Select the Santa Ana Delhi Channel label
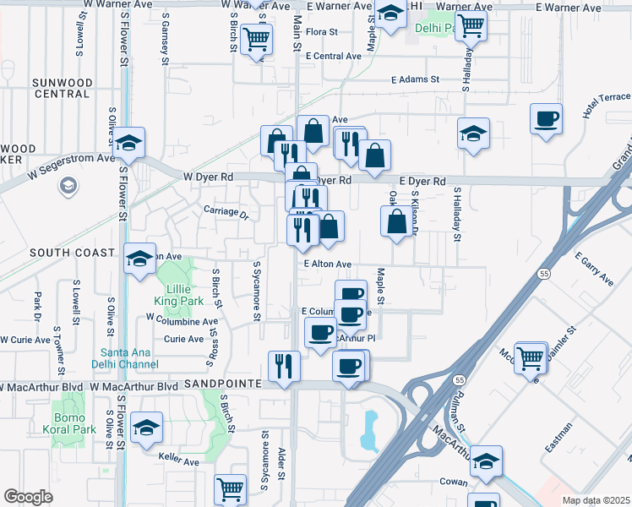[128, 358]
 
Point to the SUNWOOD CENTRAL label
[62, 88]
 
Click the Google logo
[28, 497]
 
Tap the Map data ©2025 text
[596, 499]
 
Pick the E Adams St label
[416, 79]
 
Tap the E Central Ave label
[334, 56]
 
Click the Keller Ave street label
[178, 461]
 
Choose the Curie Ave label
[183, 339]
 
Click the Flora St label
[322, 32]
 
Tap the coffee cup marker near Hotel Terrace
[546, 118]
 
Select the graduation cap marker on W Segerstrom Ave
[129, 142]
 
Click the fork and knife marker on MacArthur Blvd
[283, 365]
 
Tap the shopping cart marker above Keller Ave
[230, 488]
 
